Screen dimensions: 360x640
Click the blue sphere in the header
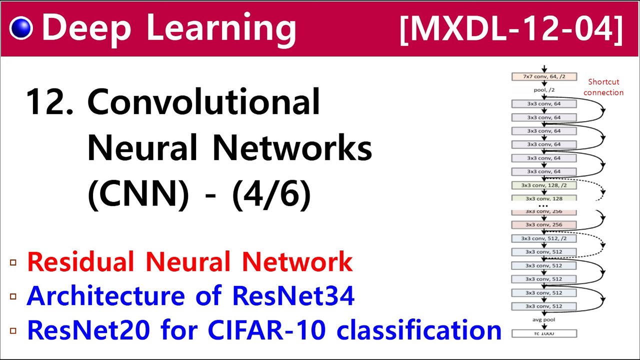20,28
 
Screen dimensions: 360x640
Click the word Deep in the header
85,28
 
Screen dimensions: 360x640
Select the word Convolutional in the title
203,101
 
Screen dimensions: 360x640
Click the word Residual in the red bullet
80,261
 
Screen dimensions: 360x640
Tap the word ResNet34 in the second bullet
293,295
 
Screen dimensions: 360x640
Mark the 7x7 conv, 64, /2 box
544,77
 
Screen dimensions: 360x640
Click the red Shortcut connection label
603,87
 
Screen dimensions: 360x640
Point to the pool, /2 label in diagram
544,90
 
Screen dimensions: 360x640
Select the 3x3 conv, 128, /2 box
544,185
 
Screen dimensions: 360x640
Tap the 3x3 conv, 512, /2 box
544,238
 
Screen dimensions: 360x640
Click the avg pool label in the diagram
543,319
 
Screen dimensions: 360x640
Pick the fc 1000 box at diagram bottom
544,333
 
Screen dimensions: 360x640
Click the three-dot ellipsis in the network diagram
543,206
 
